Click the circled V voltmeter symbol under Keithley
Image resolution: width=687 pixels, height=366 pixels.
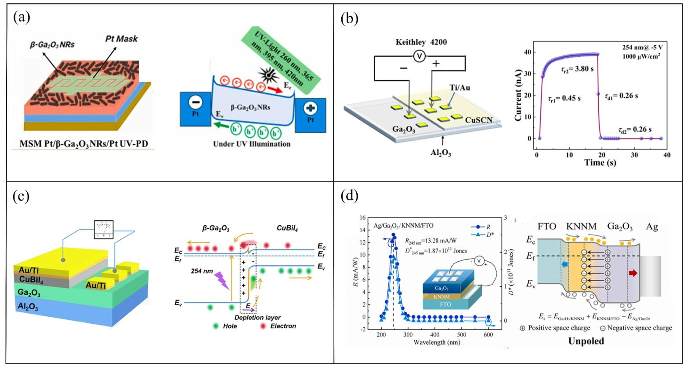tap(420, 57)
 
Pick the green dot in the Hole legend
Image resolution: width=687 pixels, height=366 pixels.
tap(215, 326)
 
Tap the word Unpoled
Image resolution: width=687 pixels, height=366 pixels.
tap(586, 341)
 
